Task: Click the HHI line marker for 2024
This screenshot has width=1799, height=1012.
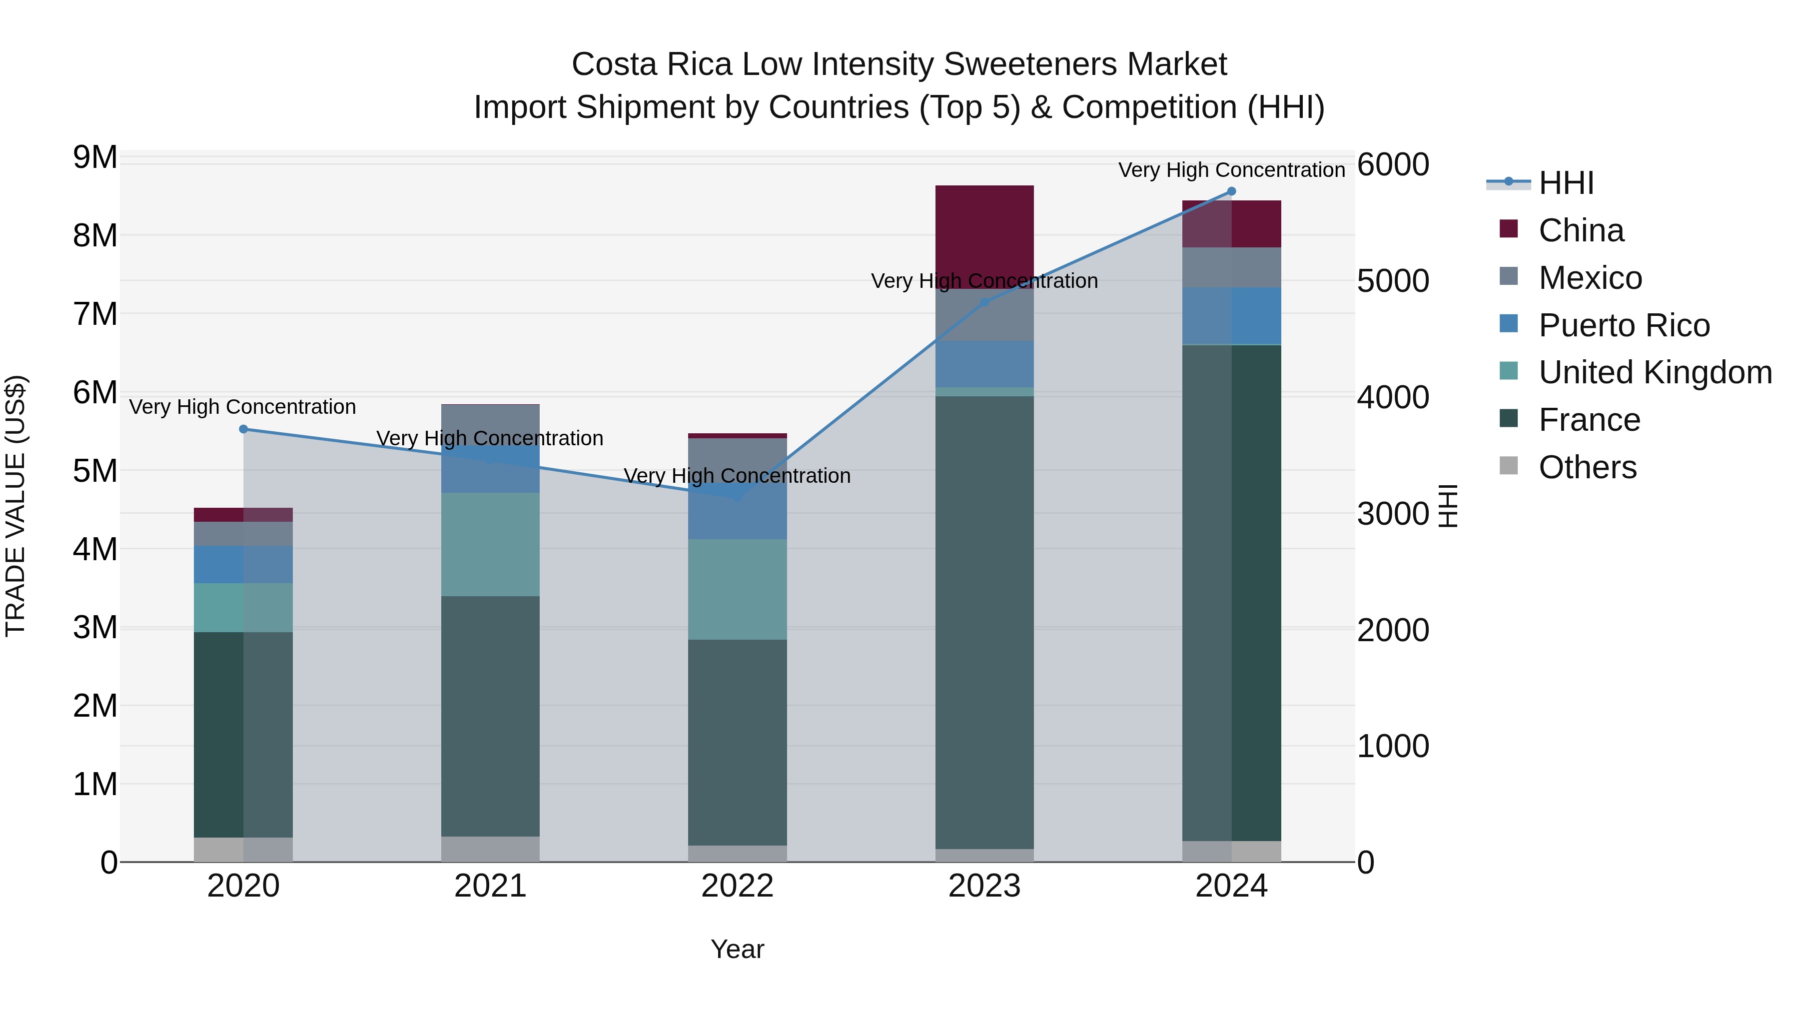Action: click(x=1231, y=191)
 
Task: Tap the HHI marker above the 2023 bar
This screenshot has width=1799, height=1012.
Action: click(x=984, y=302)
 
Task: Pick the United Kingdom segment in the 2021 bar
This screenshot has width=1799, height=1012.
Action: click(x=490, y=544)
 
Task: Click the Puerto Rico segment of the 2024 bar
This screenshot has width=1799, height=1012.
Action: click(x=1231, y=316)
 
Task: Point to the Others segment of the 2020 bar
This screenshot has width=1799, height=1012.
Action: click(x=243, y=849)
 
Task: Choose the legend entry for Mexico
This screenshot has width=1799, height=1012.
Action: click(x=1590, y=278)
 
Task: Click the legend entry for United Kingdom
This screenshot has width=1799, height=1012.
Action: click(x=1655, y=372)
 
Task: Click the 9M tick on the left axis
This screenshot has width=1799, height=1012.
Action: click(x=95, y=158)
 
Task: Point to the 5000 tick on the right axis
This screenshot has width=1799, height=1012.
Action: click(x=1393, y=281)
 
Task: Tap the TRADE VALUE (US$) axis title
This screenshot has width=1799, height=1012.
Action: click(x=15, y=506)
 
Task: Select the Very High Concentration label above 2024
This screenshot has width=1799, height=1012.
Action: click(x=1231, y=170)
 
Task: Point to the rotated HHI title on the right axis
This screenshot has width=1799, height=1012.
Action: click(x=1448, y=506)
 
